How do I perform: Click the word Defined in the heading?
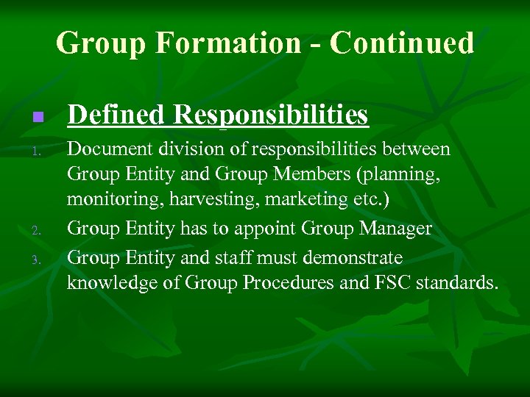tap(117, 115)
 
